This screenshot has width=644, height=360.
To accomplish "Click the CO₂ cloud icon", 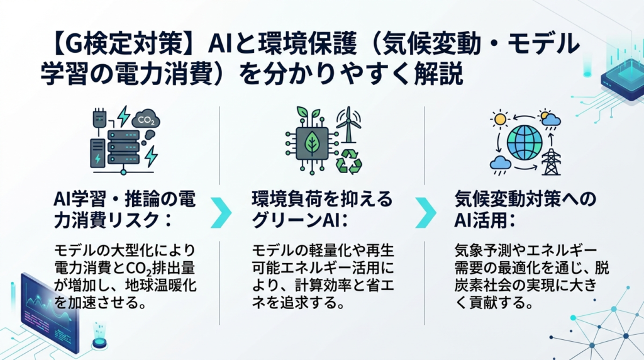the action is coord(145,119).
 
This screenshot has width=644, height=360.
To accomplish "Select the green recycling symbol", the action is coord(348,161).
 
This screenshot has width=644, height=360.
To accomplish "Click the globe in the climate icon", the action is coord(525,143).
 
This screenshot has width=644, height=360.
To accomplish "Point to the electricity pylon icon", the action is coord(551,162).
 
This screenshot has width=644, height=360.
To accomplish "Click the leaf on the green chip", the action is coord(312,142).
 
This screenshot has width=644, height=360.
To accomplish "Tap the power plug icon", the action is coord(99,120).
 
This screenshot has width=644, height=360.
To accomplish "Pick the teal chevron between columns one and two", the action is coord(221,213).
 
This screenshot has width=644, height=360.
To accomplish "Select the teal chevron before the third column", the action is coord(426,213).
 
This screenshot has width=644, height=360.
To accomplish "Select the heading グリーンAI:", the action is coord(300,221).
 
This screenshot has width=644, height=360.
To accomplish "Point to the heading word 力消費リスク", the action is coord(106,221).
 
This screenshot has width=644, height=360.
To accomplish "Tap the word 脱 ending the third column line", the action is coord(601,267).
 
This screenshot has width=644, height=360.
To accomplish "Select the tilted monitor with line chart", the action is coord(49,312).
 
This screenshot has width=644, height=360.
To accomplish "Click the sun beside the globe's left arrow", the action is coord(500,119).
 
